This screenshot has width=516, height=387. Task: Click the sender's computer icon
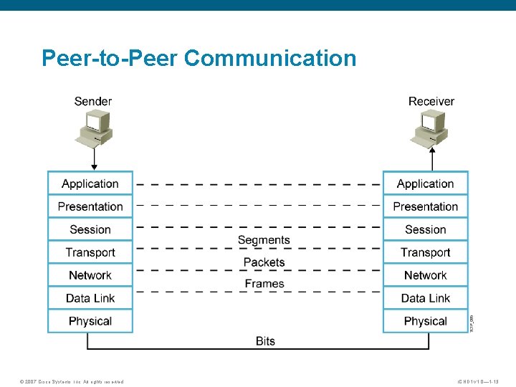pos(94,127)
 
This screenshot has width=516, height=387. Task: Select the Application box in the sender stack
pos(90,183)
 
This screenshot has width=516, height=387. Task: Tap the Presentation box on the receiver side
pos(425,206)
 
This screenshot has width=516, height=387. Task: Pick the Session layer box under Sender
pos(90,229)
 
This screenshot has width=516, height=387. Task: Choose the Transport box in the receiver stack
pos(425,252)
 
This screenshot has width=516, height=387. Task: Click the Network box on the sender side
pos(90,275)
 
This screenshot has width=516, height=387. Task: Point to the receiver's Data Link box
pos(425,298)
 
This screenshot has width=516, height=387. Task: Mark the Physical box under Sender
pos(90,321)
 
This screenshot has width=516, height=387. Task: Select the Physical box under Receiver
pos(425,321)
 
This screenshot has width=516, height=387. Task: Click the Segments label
pos(264,240)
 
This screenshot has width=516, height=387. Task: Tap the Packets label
pos(264,262)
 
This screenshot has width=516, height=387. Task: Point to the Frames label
pos(264,284)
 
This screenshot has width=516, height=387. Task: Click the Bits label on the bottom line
pos(265,341)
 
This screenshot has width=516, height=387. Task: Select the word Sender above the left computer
pos(93,101)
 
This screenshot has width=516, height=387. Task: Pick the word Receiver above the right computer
pos(431,101)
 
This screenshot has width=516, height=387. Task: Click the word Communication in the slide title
pos(269,58)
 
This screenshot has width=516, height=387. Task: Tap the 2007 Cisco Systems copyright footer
pos(72,381)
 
